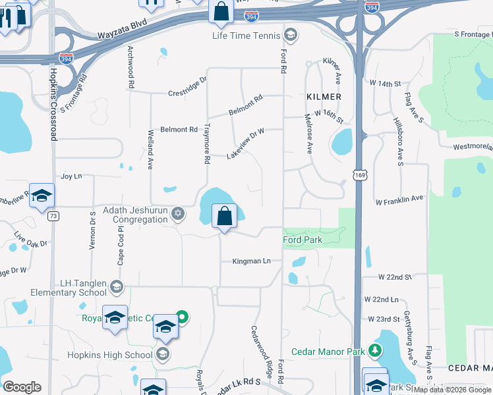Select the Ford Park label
tap(303, 240)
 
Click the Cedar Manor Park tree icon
tap(375, 350)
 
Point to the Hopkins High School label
tap(110, 355)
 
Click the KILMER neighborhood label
tap(324, 97)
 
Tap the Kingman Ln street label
tap(251, 261)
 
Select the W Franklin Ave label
tap(399, 198)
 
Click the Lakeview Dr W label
tap(245, 143)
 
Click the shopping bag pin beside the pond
tap(225, 215)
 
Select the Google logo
tap(22, 387)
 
